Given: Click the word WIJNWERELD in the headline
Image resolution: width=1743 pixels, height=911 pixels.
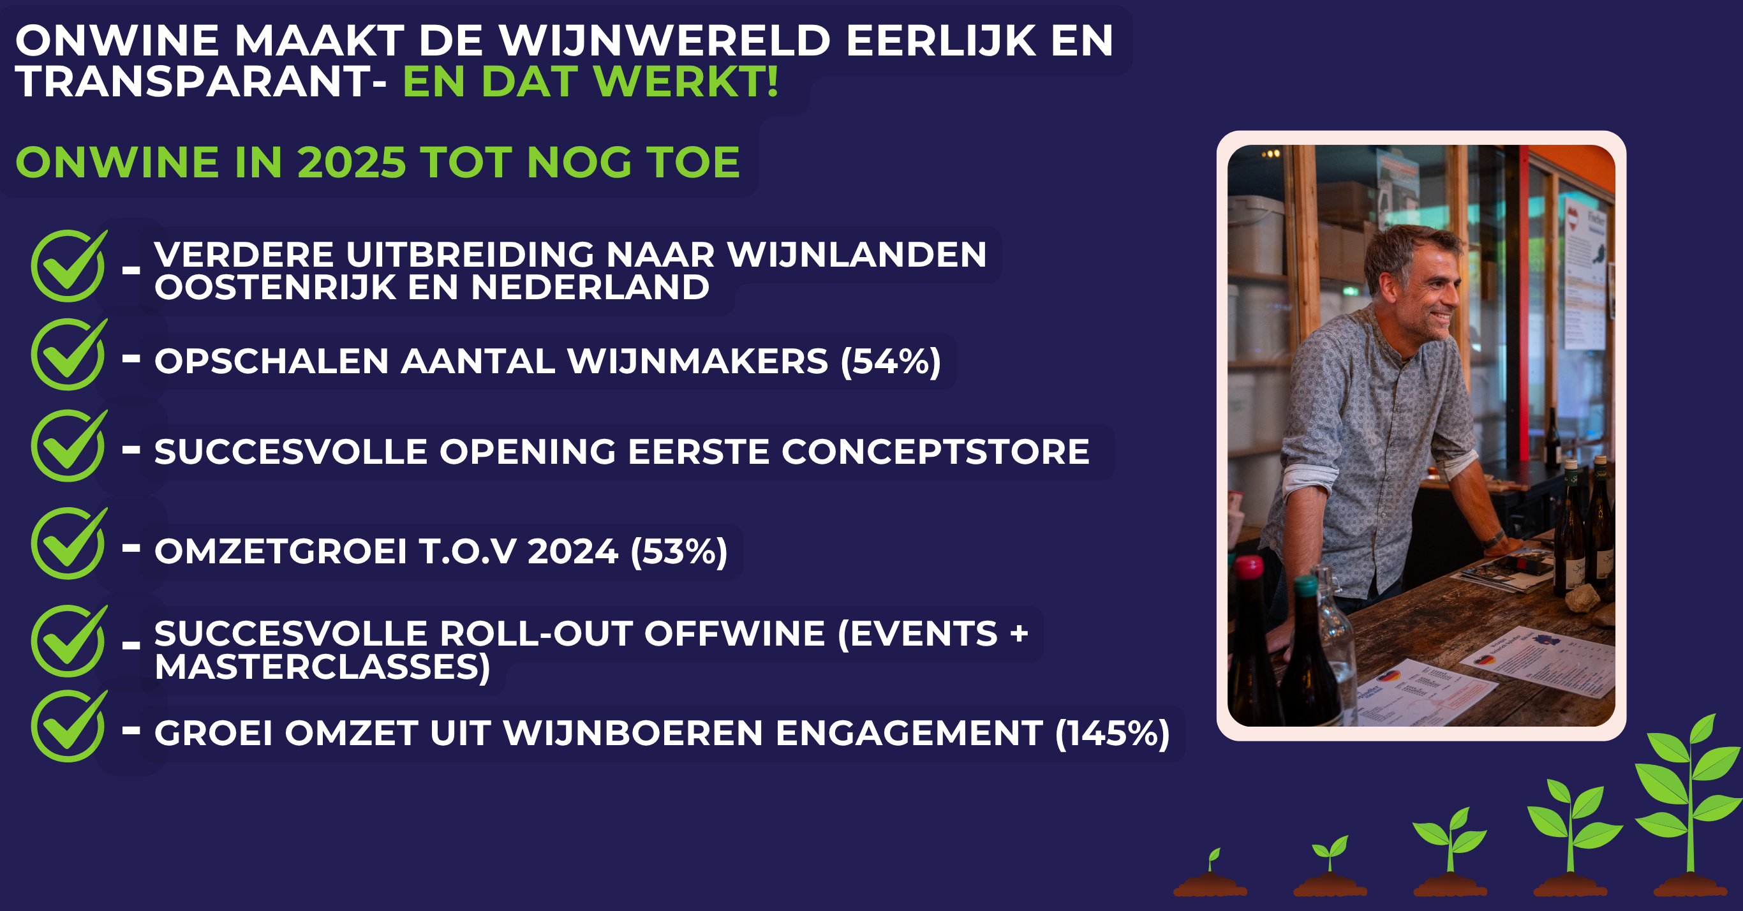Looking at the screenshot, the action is tap(664, 41).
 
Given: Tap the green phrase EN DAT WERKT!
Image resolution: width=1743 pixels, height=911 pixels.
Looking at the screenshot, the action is tap(591, 82).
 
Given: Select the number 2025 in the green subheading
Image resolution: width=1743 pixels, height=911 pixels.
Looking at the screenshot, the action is tap(351, 163).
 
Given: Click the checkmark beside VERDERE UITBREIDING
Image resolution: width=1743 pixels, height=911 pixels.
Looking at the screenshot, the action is tap(69, 265).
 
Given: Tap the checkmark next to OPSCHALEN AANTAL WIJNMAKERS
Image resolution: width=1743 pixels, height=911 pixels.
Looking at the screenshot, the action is tap(69, 355).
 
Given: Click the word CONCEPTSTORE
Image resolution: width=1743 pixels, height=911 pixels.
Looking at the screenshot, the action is tap(936, 452).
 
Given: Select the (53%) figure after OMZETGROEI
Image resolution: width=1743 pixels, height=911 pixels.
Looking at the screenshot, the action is tap(679, 552).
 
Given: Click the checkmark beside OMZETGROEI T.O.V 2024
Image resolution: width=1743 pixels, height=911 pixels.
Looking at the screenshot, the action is tap(69, 544).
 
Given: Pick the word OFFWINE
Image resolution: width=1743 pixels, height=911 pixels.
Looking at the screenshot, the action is tap(734, 634).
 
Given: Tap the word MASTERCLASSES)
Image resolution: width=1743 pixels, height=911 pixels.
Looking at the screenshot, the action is tap(322, 667).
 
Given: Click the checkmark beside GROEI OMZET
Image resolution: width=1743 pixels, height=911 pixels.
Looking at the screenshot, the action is tap(69, 726).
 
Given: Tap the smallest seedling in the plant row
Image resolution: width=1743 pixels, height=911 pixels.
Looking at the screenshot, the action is tap(1210, 873).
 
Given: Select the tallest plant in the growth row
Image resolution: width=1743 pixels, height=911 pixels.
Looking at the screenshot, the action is tap(1689, 805).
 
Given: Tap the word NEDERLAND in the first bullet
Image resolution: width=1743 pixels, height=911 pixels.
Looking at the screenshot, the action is tap(590, 288).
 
